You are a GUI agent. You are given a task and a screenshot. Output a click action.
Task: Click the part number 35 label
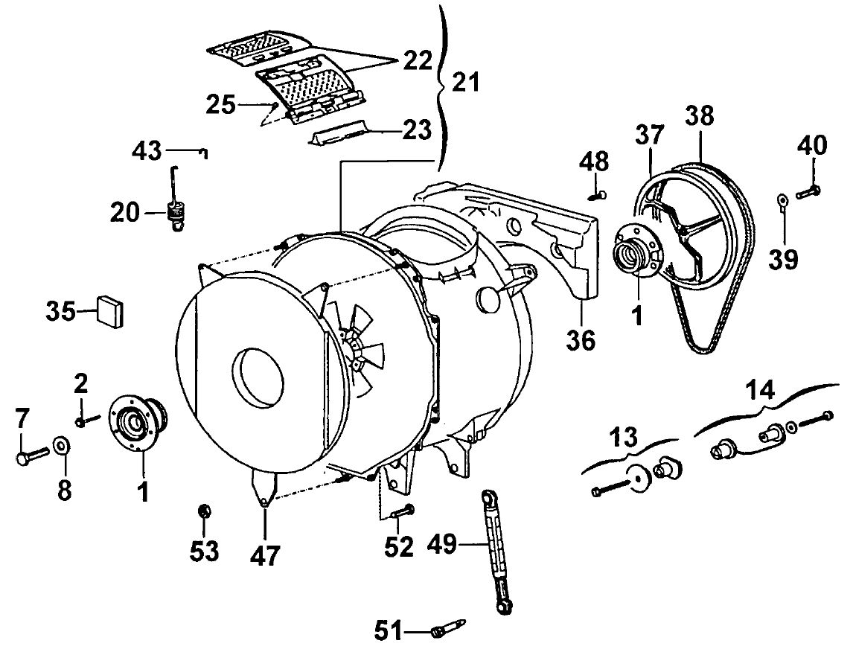pos(60,312)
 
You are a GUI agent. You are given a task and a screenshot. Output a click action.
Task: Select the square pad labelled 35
pos(110,312)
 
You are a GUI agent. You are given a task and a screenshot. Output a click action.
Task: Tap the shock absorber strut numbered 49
pos(497,552)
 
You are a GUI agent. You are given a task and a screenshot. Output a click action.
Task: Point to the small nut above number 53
pos(205,511)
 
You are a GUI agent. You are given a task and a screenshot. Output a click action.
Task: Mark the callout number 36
pos(581,340)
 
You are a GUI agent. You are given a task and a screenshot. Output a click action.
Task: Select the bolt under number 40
pos(808,191)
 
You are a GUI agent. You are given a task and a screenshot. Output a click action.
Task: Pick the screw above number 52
pos(403,511)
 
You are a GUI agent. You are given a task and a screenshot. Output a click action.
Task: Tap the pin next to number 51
pos(449,627)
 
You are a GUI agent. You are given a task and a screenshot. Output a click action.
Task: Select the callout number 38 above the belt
pos(700,116)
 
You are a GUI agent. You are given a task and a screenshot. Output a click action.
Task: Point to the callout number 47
pos(265,556)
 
